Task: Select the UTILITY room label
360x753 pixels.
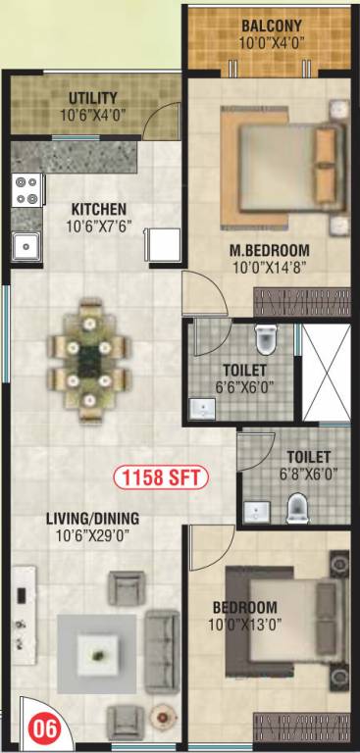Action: tap(93, 98)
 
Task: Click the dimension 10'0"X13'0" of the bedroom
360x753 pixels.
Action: tap(243, 625)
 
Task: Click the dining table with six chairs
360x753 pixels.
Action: tap(89, 359)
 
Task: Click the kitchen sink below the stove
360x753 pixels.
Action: tap(24, 244)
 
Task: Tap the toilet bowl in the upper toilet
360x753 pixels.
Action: tap(264, 339)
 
